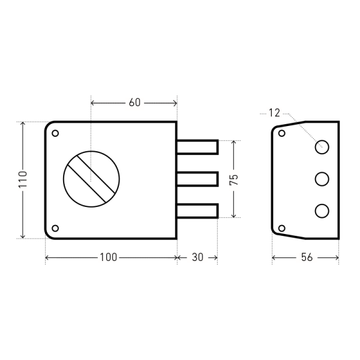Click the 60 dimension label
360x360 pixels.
(134, 103)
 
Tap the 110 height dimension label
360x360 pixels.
(23, 179)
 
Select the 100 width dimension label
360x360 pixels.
(109, 257)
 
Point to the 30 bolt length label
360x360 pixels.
(197, 257)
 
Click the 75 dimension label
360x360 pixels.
(234, 180)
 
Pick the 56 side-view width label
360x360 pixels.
(307, 257)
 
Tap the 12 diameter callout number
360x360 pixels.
(274, 113)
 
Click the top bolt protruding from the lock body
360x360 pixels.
(197, 147)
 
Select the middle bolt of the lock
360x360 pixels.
(197, 179)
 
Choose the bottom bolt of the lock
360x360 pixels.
(197, 211)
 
